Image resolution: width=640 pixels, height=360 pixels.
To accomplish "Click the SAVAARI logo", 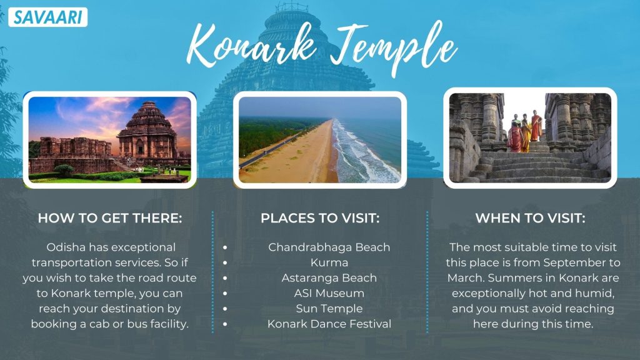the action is pyautogui.click(x=47, y=17).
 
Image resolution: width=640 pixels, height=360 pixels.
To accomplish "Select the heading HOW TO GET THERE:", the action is pyautogui.click(x=110, y=218).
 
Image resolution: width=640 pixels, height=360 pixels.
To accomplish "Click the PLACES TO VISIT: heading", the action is pyautogui.click(x=320, y=218).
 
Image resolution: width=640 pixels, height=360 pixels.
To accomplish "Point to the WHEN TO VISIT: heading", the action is pyautogui.click(x=530, y=218).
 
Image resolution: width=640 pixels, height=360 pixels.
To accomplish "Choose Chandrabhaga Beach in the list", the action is pyautogui.click(x=329, y=247).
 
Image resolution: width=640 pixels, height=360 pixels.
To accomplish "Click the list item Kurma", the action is pyautogui.click(x=329, y=262).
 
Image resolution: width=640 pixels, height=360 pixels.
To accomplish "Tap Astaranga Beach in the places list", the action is pyautogui.click(x=329, y=278).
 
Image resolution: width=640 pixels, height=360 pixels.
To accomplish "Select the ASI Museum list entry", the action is pyautogui.click(x=329, y=293).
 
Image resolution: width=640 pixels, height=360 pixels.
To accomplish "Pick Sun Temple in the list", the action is pyautogui.click(x=329, y=309).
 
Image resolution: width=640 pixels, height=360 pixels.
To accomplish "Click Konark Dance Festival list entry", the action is pyautogui.click(x=329, y=324).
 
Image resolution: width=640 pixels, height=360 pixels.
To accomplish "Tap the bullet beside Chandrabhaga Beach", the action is pyautogui.click(x=225, y=247).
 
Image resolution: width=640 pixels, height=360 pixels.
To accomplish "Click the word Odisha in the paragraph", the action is pyautogui.click(x=66, y=247).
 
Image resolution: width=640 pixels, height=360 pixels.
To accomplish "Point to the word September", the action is pyautogui.click(x=575, y=262).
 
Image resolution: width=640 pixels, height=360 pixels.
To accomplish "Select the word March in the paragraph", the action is pyautogui.click(x=466, y=278).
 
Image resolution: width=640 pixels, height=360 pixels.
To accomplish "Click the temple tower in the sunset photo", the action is pyautogui.click(x=147, y=130).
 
